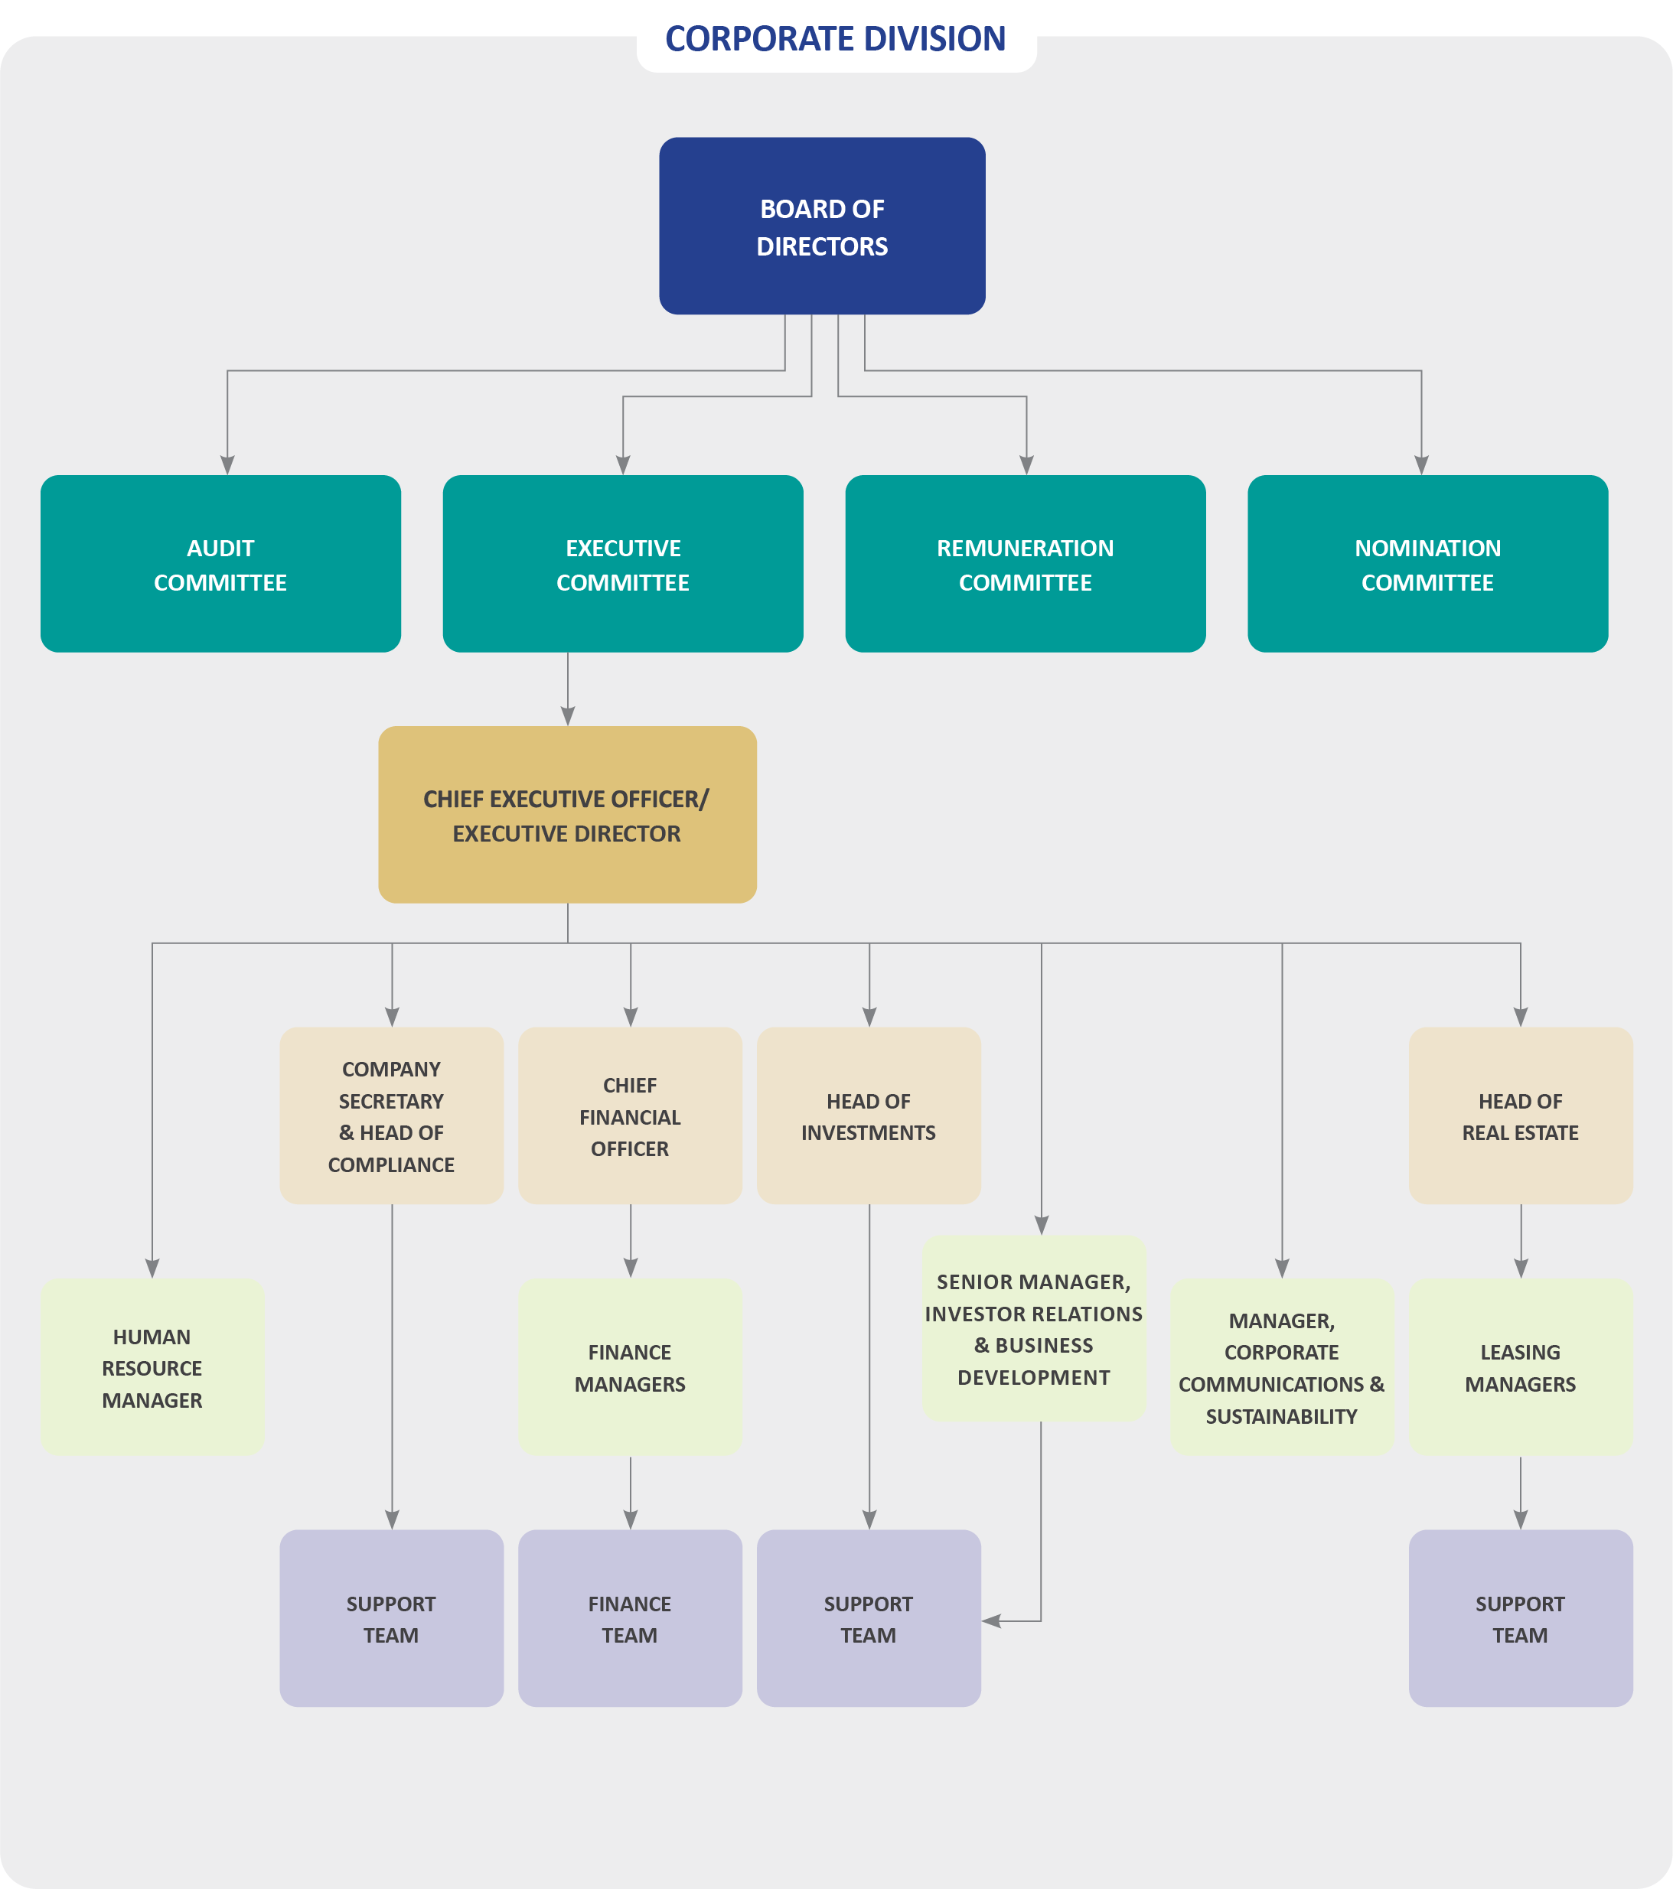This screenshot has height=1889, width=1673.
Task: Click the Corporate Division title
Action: (835, 39)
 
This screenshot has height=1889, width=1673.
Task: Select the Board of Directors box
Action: (822, 226)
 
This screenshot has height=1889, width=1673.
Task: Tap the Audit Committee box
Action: (220, 564)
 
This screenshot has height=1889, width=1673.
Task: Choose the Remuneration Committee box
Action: (1025, 564)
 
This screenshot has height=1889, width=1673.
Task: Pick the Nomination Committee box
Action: (1427, 564)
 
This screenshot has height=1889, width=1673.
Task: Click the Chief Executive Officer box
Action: (566, 814)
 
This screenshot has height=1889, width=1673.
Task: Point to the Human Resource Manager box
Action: (152, 1368)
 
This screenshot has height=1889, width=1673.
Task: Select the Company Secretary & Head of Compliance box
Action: (391, 1115)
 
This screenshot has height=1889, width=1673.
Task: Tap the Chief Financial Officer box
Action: (629, 1115)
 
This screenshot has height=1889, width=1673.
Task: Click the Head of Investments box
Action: (868, 1115)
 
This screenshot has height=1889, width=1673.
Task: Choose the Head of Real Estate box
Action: (1520, 1115)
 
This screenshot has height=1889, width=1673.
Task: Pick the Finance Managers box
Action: (629, 1368)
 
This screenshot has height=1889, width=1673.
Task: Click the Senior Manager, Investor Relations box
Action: (1033, 1329)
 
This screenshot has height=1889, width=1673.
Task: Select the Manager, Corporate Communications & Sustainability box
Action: (1281, 1368)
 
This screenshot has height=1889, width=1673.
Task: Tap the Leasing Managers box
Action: (1520, 1368)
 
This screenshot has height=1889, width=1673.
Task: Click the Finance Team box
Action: (629, 1619)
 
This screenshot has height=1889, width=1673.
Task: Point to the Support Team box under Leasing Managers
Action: (1520, 1619)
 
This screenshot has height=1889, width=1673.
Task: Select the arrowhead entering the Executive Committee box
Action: (623, 465)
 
